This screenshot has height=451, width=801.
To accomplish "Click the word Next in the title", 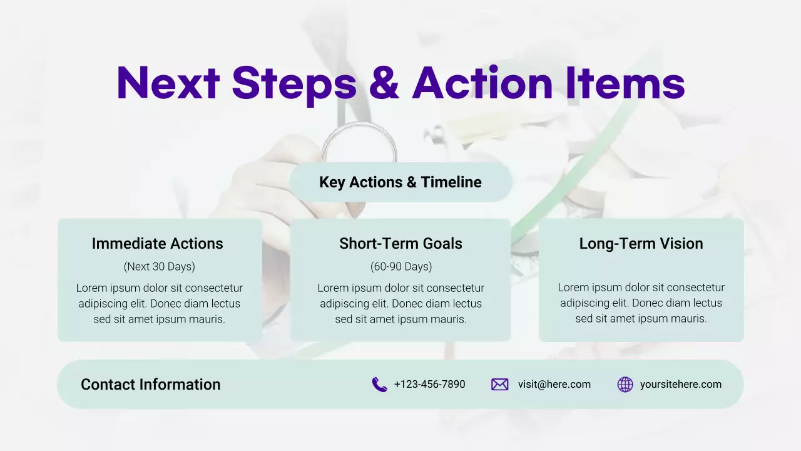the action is pyautogui.click(x=168, y=83).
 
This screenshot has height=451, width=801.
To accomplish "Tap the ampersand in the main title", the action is pyautogui.click(x=384, y=83).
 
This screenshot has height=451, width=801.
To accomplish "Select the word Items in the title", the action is pyautogui.click(x=625, y=83).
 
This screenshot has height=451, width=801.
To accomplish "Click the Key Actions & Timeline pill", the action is pyautogui.click(x=400, y=182).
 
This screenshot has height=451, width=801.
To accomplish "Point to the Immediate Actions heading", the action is pyautogui.click(x=157, y=244).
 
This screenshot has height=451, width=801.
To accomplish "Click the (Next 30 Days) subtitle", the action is pyautogui.click(x=160, y=266).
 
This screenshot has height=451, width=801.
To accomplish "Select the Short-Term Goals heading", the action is pyautogui.click(x=400, y=244).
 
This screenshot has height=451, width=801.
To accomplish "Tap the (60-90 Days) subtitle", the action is pyautogui.click(x=401, y=266).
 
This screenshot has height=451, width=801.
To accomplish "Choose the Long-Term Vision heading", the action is pyautogui.click(x=641, y=244).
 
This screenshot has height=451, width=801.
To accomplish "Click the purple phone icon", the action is pyautogui.click(x=379, y=385).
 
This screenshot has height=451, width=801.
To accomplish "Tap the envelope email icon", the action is pyautogui.click(x=499, y=385).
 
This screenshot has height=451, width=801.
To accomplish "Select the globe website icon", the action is pyautogui.click(x=625, y=385).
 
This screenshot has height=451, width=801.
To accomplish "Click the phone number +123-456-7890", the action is pyautogui.click(x=429, y=384).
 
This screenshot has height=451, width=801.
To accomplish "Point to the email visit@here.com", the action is pyautogui.click(x=554, y=384).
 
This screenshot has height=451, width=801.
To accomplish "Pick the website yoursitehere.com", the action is pyautogui.click(x=681, y=384).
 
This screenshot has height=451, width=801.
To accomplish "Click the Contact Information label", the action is pyautogui.click(x=151, y=385).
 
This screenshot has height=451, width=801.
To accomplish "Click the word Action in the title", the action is pyautogui.click(x=482, y=83).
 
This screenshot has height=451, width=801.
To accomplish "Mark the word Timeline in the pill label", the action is pyautogui.click(x=451, y=182).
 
